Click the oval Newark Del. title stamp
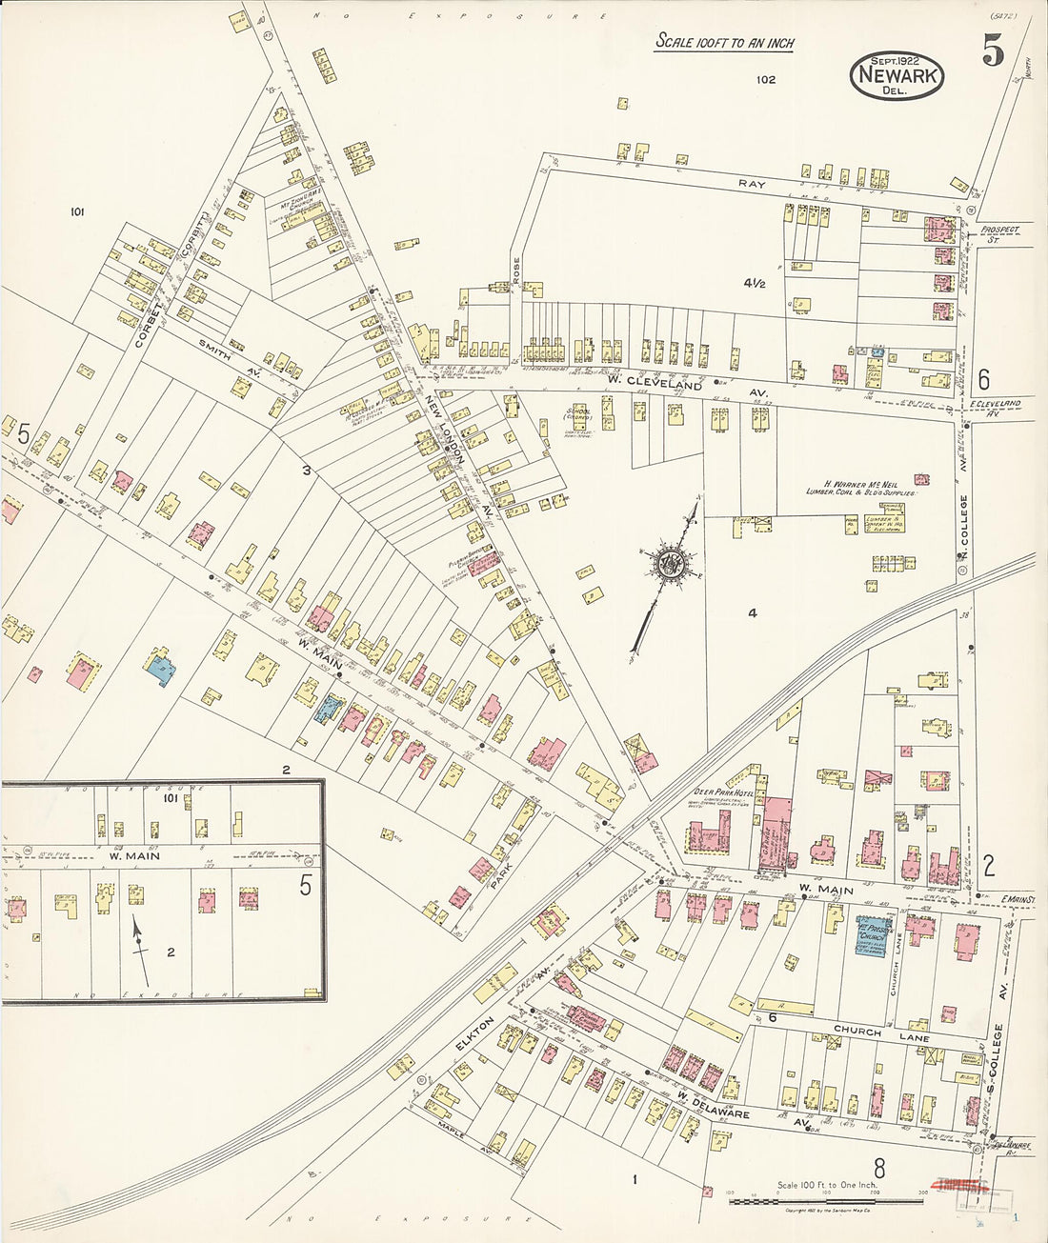point(896,75)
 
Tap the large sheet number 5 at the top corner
point(993,53)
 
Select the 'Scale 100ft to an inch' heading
point(724,43)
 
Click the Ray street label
point(752,182)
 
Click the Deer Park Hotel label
point(722,792)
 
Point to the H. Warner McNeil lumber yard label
point(862,488)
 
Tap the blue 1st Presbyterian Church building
point(873,938)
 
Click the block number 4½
point(756,283)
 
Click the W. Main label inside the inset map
point(134,855)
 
